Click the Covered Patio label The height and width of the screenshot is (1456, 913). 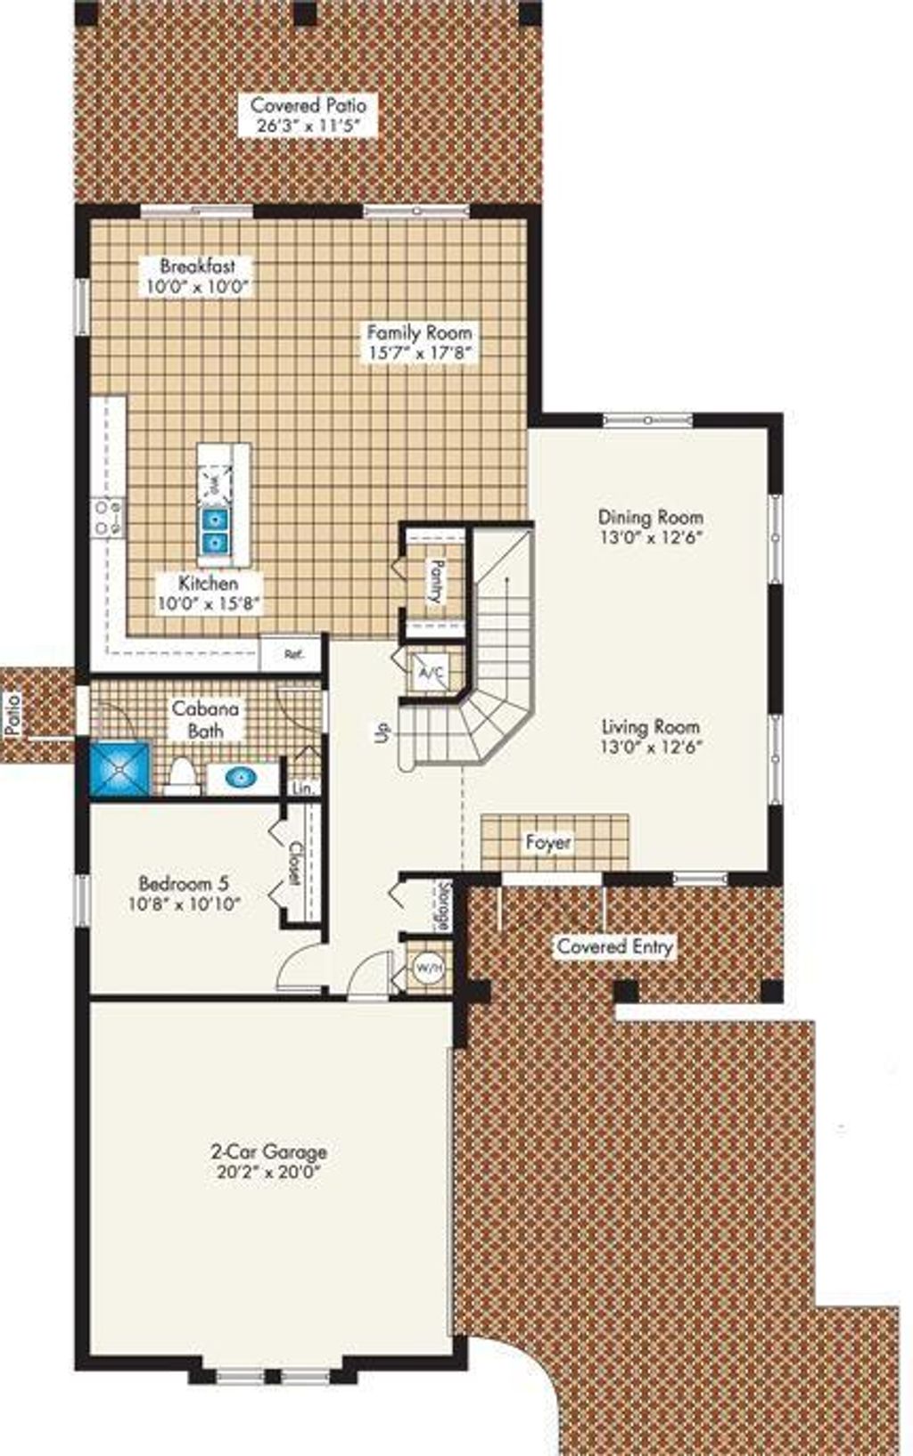(x=308, y=105)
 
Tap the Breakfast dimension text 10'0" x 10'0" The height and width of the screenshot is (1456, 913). (x=197, y=287)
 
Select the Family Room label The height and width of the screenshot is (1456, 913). (x=419, y=332)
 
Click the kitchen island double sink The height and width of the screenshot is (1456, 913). (x=214, y=529)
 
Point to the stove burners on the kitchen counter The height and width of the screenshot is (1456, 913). (x=109, y=517)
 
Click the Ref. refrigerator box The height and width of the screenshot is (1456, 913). (x=292, y=653)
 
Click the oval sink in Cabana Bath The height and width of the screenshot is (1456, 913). (x=243, y=778)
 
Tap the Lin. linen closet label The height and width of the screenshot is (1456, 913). (x=304, y=789)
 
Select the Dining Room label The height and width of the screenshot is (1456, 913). (x=650, y=517)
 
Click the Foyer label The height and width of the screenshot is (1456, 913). (x=547, y=842)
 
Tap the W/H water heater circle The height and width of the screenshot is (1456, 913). (x=428, y=967)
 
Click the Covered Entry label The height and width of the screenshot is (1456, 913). (x=614, y=946)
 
